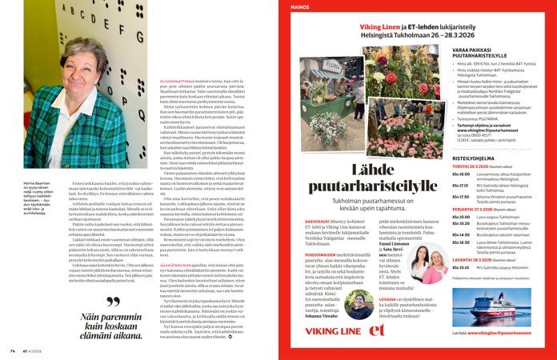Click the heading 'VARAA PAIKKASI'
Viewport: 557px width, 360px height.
(x=471, y=51)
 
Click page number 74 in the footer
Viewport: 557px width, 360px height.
(x=12, y=350)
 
